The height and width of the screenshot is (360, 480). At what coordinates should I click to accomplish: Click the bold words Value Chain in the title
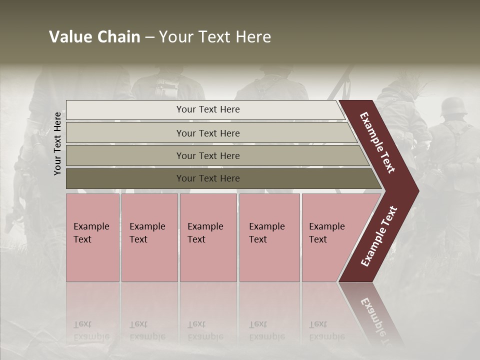pyautogui.click(x=94, y=37)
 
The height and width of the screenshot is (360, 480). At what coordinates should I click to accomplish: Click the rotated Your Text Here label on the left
pyautogui.click(x=57, y=143)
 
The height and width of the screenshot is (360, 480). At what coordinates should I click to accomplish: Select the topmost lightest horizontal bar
pyautogui.click(x=205, y=109)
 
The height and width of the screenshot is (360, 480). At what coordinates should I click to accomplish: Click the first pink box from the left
pyautogui.click(x=92, y=237)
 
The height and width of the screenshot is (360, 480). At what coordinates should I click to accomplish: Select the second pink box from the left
pyautogui.click(x=149, y=237)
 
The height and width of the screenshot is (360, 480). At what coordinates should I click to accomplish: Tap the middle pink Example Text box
pyautogui.click(x=208, y=237)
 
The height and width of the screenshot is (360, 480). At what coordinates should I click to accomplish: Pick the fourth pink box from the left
pyautogui.click(x=269, y=237)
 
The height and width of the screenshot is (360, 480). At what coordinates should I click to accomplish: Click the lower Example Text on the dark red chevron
pyautogui.click(x=379, y=236)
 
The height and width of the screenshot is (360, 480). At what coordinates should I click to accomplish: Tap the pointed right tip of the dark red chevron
pyautogui.click(x=415, y=190)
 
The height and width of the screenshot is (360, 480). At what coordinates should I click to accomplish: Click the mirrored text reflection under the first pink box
pyautogui.click(x=91, y=330)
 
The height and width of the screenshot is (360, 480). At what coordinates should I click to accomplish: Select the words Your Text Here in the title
pyautogui.click(x=215, y=37)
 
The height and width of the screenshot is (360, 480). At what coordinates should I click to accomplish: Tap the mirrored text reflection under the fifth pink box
pyautogui.click(x=326, y=330)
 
